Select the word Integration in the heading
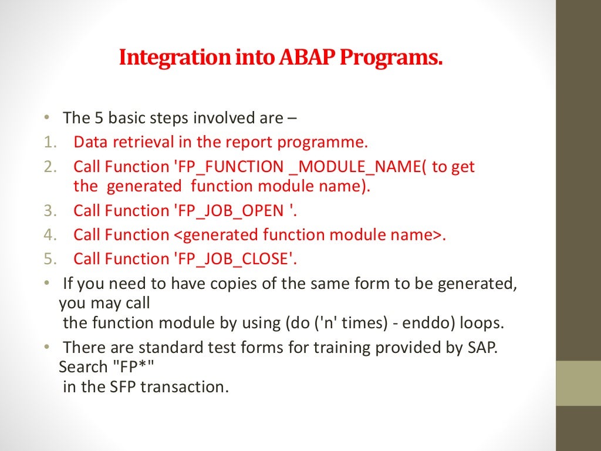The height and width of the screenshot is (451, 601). tap(175, 58)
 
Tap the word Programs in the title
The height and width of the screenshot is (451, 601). tap(391, 58)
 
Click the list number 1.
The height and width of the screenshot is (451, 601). tap(50, 142)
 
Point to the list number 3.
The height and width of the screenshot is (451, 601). tap(50, 211)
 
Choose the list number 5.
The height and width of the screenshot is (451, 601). tap(50, 259)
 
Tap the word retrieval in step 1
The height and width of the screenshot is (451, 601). tap(143, 142)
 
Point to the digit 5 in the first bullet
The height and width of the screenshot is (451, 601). tap(99, 117)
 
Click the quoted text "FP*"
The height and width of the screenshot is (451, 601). tap(133, 366)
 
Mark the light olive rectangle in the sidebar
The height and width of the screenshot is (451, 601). tap(578, 383)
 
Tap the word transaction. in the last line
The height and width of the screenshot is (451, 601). tap(184, 386)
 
